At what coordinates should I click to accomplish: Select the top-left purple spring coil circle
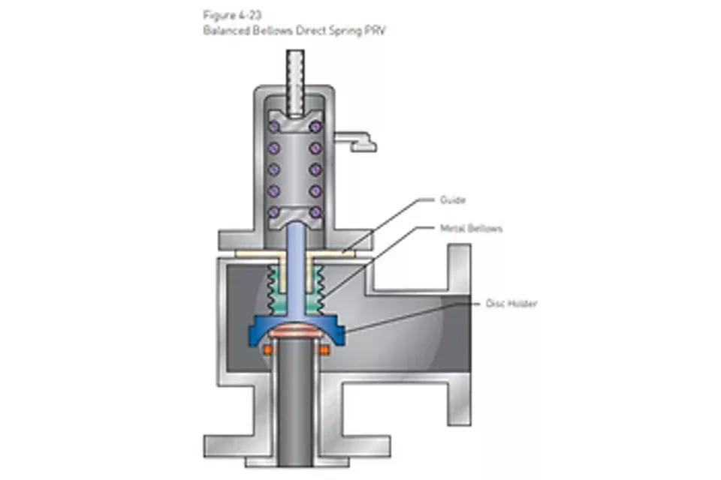coord(274,126)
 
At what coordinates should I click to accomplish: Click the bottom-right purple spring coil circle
coord(316,212)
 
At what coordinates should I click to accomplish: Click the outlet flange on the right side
coord(459,315)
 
